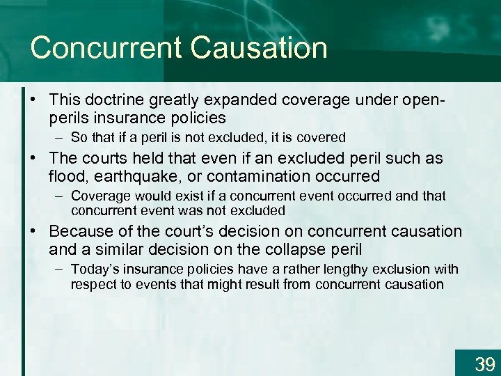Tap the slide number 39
pyautogui.click(x=484, y=363)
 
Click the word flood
pyautogui.click(x=67, y=175)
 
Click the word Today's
pyautogui.click(x=94, y=269)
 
